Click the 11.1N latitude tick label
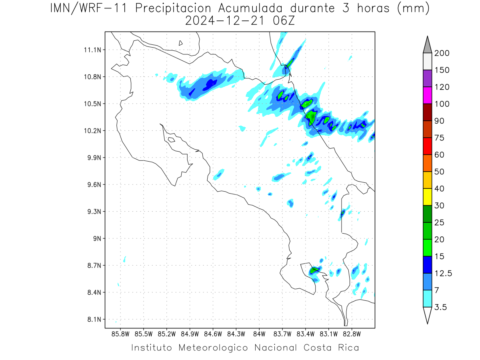click(x=92, y=50)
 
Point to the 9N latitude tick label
click(x=97, y=238)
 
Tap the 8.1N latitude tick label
click(x=94, y=320)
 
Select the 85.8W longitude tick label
click(x=120, y=334)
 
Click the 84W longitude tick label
click(x=259, y=334)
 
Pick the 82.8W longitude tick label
click(x=352, y=334)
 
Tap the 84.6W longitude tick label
click(x=213, y=334)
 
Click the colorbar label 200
click(x=442, y=53)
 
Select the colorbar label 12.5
click(x=443, y=274)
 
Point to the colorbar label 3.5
click(x=440, y=307)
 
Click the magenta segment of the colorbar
click(x=427, y=95)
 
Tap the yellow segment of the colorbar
click(x=427, y=197)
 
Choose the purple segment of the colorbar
click(x=427, y=78)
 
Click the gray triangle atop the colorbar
click(x=427, y=46)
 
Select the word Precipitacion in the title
click(x=173, y=8)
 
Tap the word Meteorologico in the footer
click(x=213, y=348)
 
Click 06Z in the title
click(x=284, y=21)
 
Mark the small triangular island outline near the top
click(x=180, y=43)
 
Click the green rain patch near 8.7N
click(x=314, y=270)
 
